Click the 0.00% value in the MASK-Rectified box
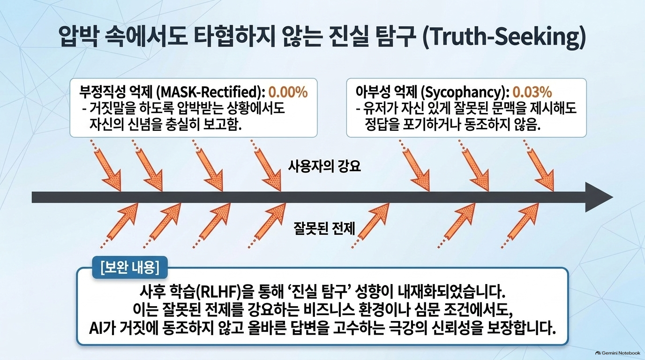[288, 92]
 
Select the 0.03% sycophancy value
[532, 92]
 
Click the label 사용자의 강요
[324, 166]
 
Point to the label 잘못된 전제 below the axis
[324, 228]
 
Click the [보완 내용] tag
[129, 267]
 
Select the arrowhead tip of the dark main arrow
[613, 197]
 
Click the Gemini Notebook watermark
[618, 353]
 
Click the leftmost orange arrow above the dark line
[106, 165]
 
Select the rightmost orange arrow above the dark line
[539, 165]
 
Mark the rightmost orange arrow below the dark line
[520, 225]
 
